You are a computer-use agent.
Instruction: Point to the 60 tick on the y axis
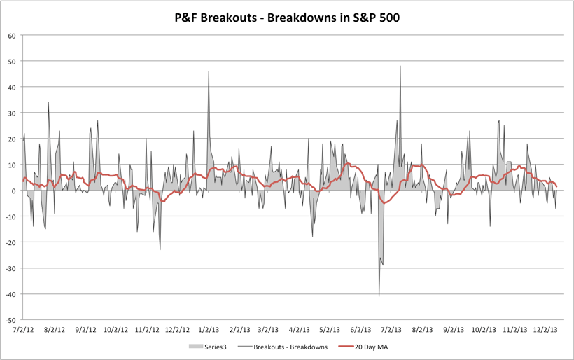[11, 36]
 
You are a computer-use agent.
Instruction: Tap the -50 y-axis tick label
[10, 319]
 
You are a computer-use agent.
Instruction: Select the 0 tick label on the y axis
[13, 191]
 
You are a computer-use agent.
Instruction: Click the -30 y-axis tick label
[10, 268]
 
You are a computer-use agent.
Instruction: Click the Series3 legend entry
[209, 347]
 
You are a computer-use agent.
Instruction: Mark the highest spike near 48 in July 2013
[400, 67]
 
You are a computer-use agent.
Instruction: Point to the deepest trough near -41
[379, 296]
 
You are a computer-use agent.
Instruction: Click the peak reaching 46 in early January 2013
[209, 72]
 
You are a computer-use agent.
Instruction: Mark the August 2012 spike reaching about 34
[48, 103]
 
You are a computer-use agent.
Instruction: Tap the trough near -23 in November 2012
[160, 249]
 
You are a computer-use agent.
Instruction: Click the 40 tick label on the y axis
[11, 88]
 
